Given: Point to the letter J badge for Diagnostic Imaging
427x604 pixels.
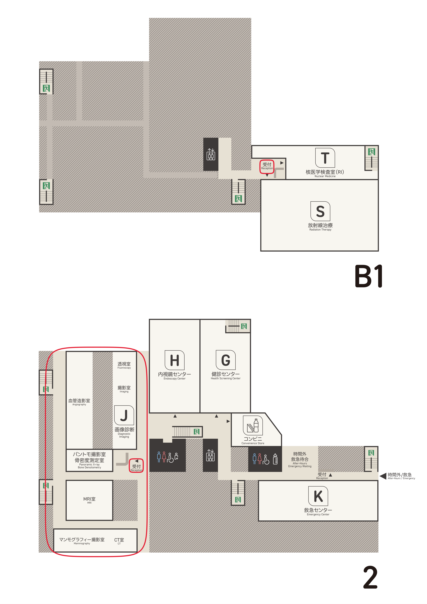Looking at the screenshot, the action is coord(124,415).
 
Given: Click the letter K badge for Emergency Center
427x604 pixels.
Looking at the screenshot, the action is coord(318,496).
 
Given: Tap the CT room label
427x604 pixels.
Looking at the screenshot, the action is coord(119,541).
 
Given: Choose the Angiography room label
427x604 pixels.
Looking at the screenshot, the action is coord(79,402).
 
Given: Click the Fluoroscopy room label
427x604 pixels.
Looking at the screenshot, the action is coord(124,365).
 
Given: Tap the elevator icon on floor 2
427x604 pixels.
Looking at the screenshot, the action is coord(210,455).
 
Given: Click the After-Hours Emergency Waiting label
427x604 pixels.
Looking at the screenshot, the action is coord(300,459).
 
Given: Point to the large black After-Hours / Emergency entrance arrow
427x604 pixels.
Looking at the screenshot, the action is coord(383,476).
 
